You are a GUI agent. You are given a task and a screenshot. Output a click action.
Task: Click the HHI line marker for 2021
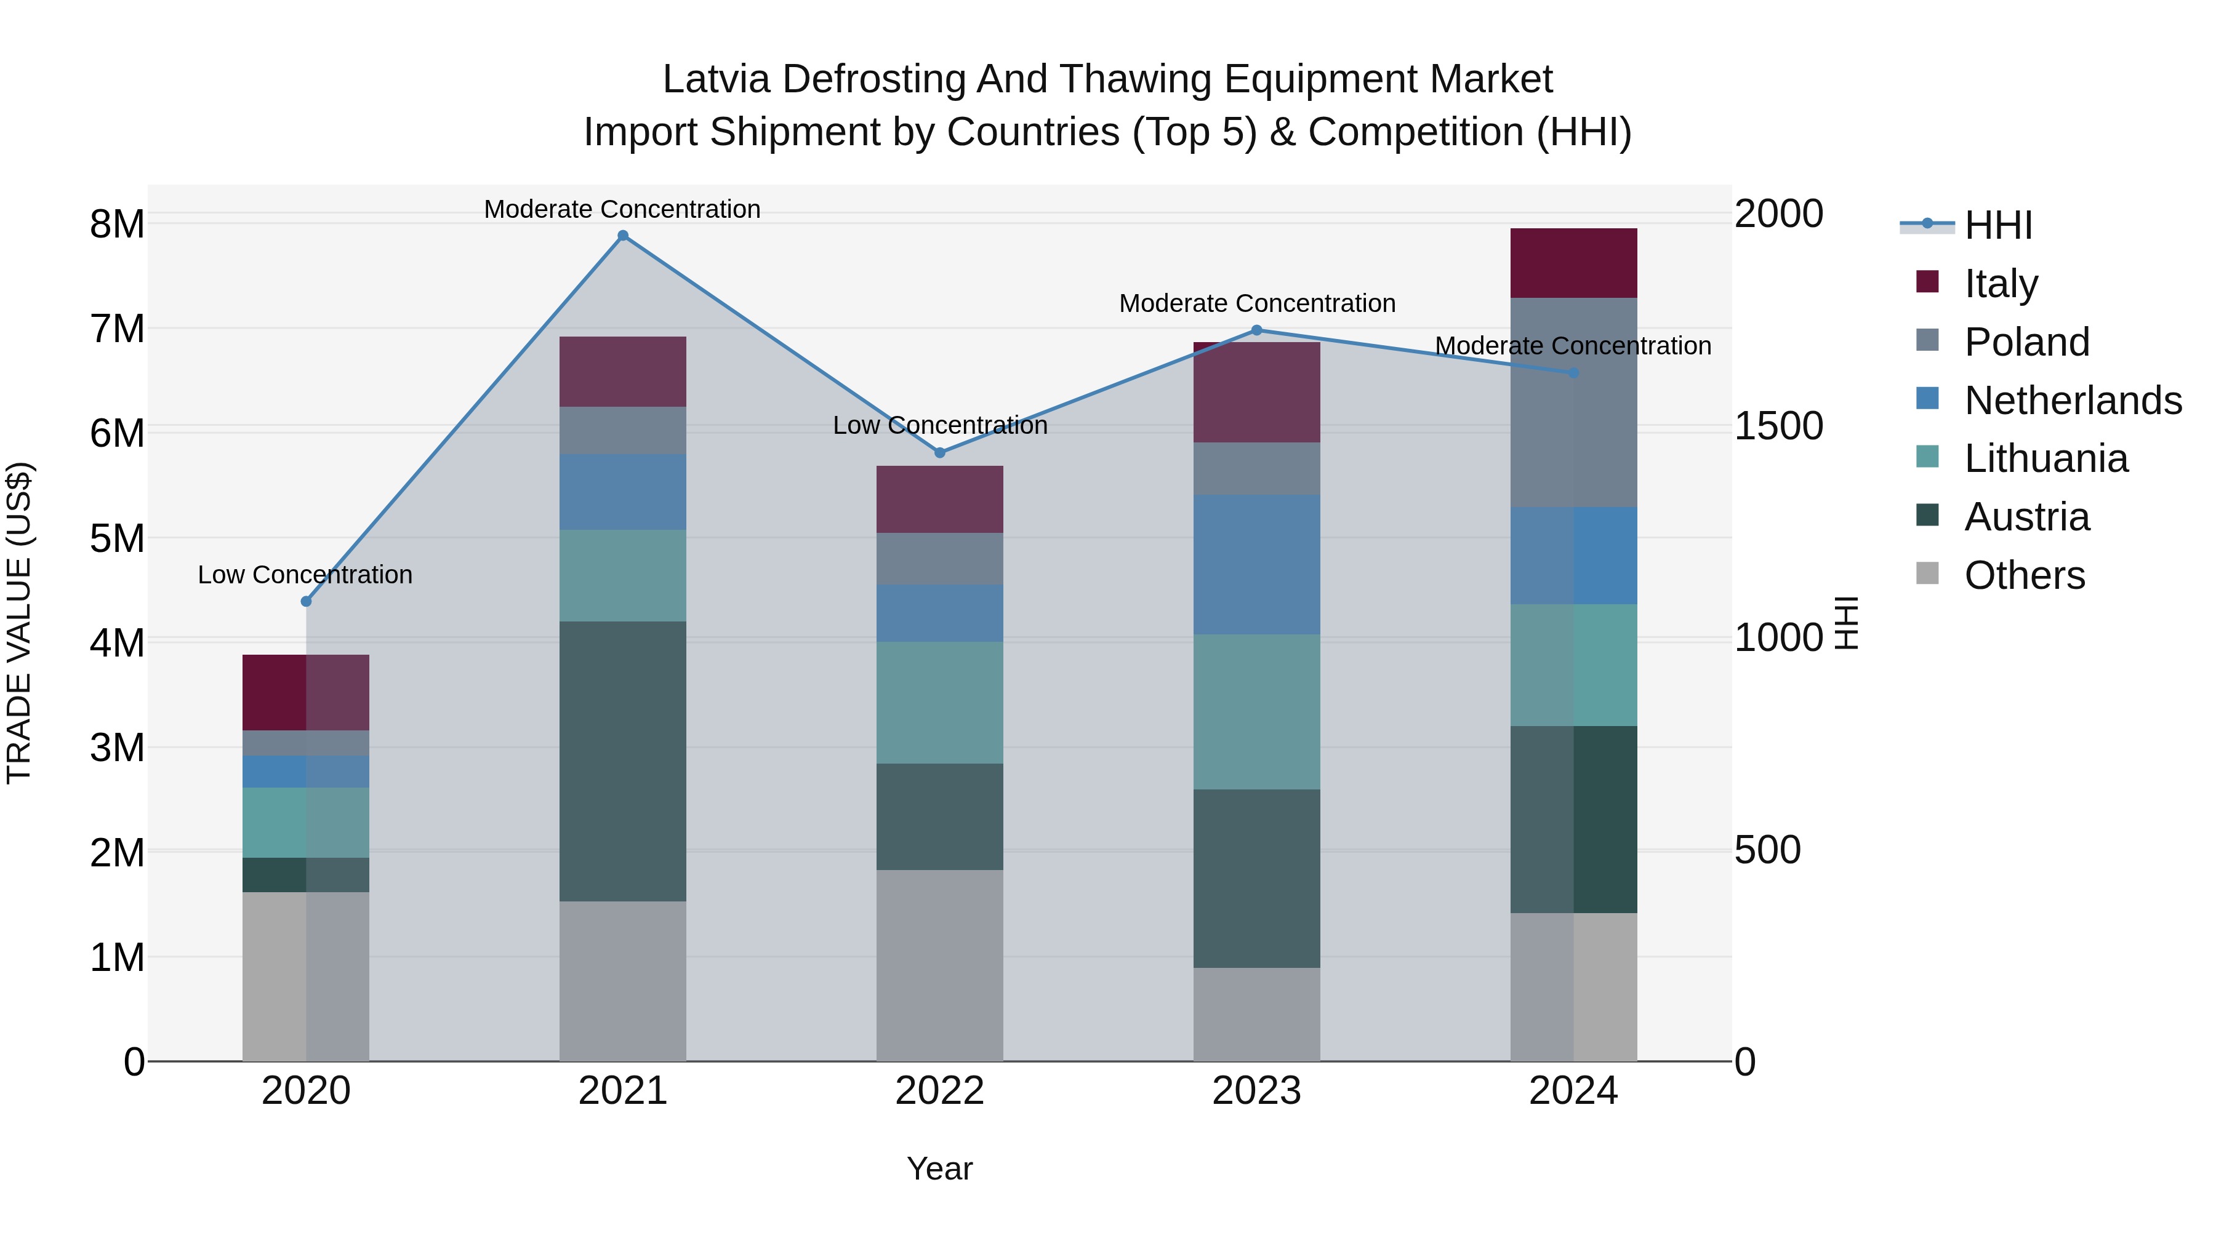click(x=623, y=236)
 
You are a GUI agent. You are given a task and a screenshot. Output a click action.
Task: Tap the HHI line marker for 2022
click(x=940, y=452)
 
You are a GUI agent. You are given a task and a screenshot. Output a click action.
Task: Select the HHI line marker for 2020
click(x=307, y=601)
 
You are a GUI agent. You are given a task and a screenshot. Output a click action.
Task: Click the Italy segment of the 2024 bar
click(x=1573, y=263)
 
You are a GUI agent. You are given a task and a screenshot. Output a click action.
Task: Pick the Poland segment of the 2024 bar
click(x=1573, y=402)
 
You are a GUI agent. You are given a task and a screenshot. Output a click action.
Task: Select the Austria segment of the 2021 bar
click(x=623, y=761)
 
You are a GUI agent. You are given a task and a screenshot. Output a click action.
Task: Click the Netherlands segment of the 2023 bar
click(x=1257, y=564)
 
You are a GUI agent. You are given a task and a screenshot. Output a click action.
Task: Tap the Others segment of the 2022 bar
click(x=940, y=965)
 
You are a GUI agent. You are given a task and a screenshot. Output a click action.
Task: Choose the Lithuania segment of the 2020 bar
click(x=307, y=822)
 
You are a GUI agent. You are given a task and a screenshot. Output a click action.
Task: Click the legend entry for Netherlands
click(x=2073, y=401)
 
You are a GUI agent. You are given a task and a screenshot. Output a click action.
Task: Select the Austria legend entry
click(x=2027, y=517)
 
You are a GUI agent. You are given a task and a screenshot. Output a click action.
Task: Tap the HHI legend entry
click(x=1997, y=225)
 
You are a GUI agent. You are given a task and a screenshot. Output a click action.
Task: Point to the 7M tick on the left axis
click(x=117, y=329)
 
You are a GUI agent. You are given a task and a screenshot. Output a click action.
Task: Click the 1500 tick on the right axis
click(x=1777, y=426)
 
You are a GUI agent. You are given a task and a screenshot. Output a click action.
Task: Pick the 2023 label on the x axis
click(x=1257, y=1091)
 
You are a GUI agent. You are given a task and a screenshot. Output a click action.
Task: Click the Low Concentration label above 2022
click(x=940, y=425)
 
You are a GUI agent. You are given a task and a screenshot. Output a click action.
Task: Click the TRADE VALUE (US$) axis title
click(x=19, y=623)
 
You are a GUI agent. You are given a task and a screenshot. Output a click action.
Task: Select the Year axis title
click(x=939, y=1168)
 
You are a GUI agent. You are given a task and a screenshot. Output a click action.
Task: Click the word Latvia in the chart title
click(x=716, y=79)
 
